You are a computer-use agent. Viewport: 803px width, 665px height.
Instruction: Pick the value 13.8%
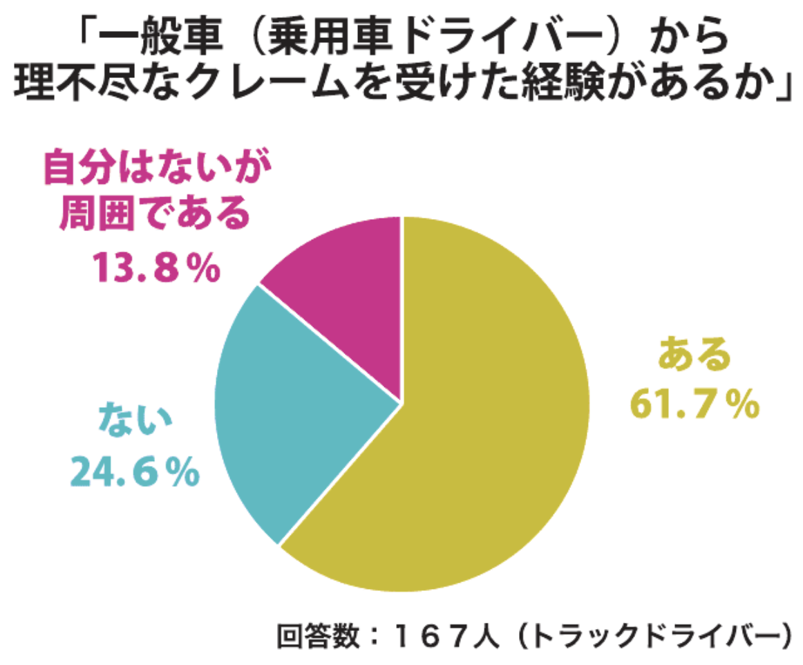156,269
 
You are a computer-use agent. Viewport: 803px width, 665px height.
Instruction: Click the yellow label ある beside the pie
694,356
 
